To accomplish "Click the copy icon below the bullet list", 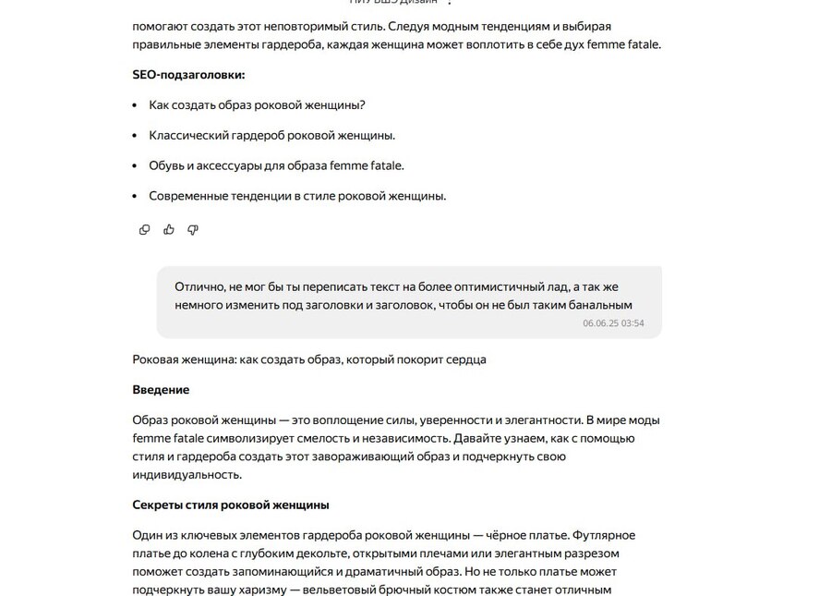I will point(144,229).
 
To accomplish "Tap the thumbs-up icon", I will point(169,229).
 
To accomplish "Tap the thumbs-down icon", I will point(193,229).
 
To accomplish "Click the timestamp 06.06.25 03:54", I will point(613,323).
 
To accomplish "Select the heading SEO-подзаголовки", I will point(188,75).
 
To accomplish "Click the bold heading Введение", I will point(161,390).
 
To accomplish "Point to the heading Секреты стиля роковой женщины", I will point(231,505).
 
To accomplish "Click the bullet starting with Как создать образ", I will point(257,105).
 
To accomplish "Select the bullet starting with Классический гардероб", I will point(271,136).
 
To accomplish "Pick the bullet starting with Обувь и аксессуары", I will point(276,166).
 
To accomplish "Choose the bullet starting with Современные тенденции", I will point(297,196).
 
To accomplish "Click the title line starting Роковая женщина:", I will point(309,359).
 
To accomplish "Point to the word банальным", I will point(599,304).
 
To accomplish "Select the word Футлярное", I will point(604,535).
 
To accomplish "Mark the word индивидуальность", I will point(186,475).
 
